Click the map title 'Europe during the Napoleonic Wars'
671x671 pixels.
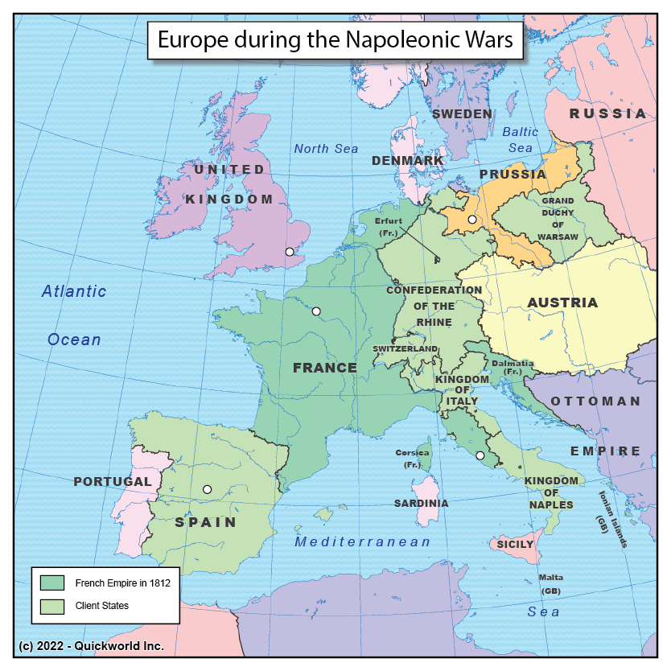pos(335,40)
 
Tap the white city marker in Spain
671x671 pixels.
pos(207,489)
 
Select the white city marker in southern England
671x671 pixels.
pos(290,252)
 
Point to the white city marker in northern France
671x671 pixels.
pos(316,311)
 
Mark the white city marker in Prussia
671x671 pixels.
pos(472,219)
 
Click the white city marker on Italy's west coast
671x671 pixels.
pos(480,456)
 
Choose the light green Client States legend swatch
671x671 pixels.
pos(52,606)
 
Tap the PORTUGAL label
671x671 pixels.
pos(113,482)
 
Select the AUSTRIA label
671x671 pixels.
pos(562,303)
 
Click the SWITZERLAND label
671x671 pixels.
pos(405,349)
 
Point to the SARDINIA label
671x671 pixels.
pos(421,503)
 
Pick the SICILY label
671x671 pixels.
pos(515,545)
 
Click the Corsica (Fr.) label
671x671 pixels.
pos(412,459)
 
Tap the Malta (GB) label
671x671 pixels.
pos(551,584)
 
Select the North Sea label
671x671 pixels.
pos(326,149)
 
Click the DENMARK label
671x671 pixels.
pos(408,161)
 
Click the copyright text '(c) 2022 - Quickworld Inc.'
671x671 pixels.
pos(91,645)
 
